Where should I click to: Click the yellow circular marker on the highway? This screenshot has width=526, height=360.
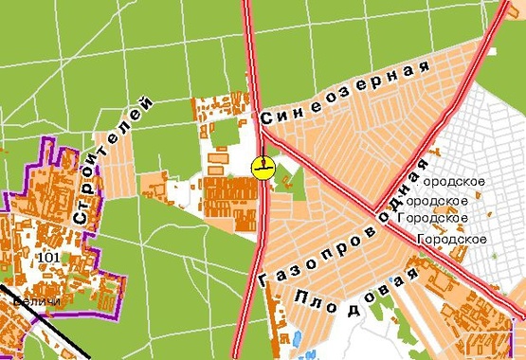263,168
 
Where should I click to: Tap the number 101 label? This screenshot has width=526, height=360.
45,257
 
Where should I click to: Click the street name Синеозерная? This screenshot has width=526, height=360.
345,95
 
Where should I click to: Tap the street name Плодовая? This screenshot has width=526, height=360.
357,297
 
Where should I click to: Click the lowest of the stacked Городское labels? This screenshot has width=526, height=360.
456,239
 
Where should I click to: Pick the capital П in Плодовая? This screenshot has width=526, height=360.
302,297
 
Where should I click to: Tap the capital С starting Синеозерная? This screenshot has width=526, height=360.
266,120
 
